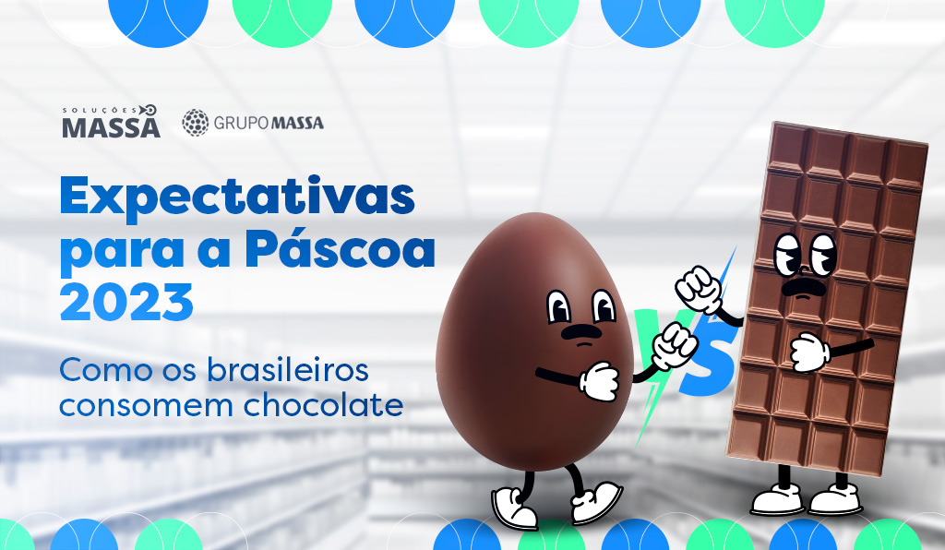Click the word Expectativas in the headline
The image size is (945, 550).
pyautogui.click(x=237, y=196)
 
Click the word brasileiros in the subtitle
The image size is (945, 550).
pyautogui.click(x=288, y=369)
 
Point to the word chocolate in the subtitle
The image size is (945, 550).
pyautogui.click(x=323, y=404)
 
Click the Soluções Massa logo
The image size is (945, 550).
pyautogui.click(x=111, y=122)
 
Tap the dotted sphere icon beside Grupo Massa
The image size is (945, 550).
pyautogui.click(x=196, y=123)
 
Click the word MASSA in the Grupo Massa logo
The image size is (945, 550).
pyautogui.click(x=297, y=123)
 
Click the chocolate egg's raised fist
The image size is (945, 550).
pyautogui.click(x=675, y=345)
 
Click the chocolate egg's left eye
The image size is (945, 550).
pyautogui.click(x=558, y=306)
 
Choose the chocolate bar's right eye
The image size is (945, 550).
pyautogui.click(x=823, y=254)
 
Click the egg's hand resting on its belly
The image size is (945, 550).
pyautogui.click(x=599, y=381)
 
